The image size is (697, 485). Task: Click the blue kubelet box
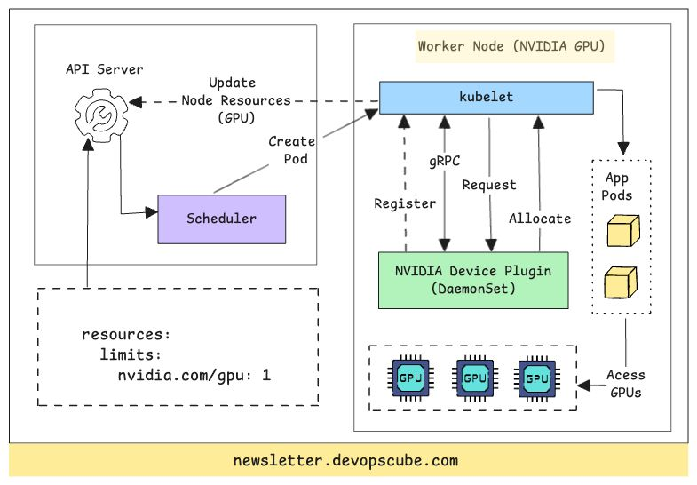pyautogui.click(x=487, y=97)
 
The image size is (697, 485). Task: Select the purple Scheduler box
pyautogui.click(x=221, y=219)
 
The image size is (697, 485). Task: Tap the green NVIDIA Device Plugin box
pyautogui.click(x=473, y=280)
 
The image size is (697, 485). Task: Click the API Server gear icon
pyautogui.click(x=99, y=113)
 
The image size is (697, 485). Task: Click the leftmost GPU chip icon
pyautogui.click(x=409, y=378)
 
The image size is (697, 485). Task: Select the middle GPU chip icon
pyautogui.click(x=473, y=378)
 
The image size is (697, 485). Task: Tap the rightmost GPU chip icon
pyautogui.click(x=536, y=378)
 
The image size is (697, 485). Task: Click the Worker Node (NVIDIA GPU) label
pyautogui.click(x=516, y=45)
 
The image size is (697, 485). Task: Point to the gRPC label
pyautogui.click(x=444, y=161)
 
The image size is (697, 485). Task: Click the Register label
pyautogui.click(x=405, y=203)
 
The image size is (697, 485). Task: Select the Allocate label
pyautogui.click(x=540, y=218)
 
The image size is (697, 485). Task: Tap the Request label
pyautogui.click(x=489, y=185)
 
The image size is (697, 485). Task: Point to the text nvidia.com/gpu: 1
pyautogui.click(x=194, y=374)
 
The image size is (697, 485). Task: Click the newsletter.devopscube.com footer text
pyautogui.click(x=345, y=460)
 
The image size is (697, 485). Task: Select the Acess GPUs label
pyautogui.click(x=626, y=383)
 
